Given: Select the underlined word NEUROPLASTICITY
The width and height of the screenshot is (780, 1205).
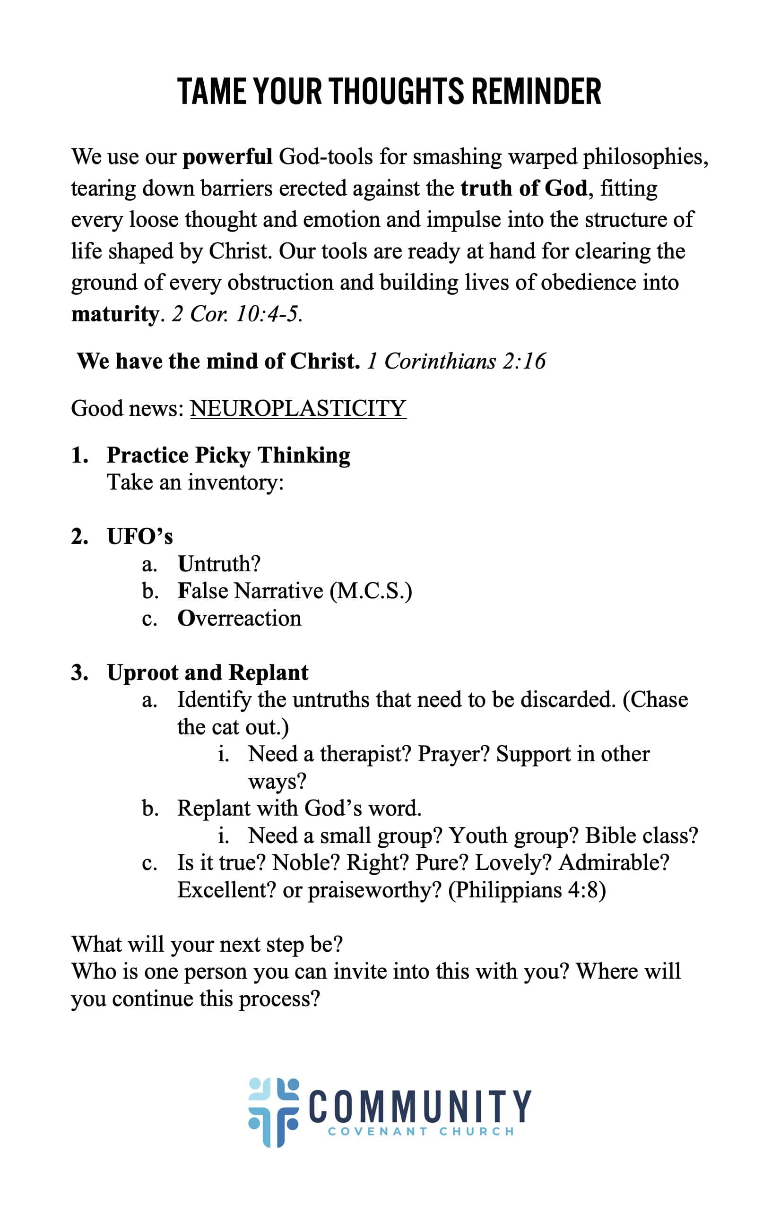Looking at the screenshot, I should tap(298, 408).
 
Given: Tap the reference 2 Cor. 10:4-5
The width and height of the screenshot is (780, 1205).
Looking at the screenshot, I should tap(236, 314).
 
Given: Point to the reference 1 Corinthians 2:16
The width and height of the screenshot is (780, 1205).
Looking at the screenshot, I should tap(456, 361).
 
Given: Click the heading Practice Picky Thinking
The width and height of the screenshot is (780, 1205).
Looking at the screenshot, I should tap(228, 455).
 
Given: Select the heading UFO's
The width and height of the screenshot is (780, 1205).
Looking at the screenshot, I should tap(140, 536).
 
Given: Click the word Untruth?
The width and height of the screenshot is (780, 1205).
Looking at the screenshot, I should tap(219, 563).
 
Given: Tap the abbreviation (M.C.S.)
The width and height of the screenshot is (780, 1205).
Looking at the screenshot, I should tap(371, 591).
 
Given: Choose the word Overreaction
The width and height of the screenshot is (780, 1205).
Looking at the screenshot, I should tap(239, 618).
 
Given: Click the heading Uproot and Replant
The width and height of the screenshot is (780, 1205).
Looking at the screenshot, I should tap(207, 672).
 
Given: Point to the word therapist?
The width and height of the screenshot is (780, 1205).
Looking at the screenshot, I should tap(365, 754).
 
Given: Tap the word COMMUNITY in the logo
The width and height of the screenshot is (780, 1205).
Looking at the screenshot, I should tap(420, 1106).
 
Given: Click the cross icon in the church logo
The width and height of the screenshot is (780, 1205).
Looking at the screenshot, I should tap(274, 1112).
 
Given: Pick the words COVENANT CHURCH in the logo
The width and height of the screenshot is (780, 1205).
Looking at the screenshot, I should tap(421, 1132).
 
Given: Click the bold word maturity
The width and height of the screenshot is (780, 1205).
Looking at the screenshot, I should tap(115, 314).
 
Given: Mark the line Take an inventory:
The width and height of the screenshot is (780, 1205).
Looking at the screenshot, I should tap(195, 482).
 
